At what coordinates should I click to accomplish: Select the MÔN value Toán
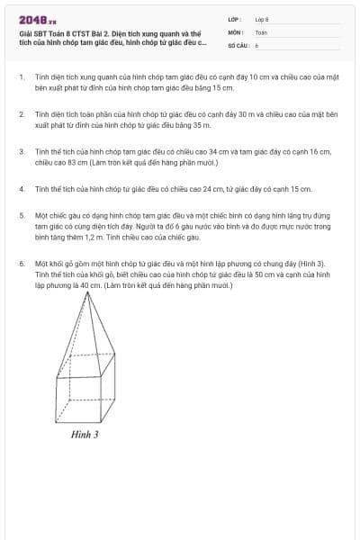point(261,31)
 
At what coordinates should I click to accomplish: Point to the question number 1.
point(21,77)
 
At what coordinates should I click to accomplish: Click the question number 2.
point(21,115)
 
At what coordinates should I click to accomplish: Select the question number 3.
point(21,152)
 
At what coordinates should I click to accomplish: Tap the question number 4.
point(21,190)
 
